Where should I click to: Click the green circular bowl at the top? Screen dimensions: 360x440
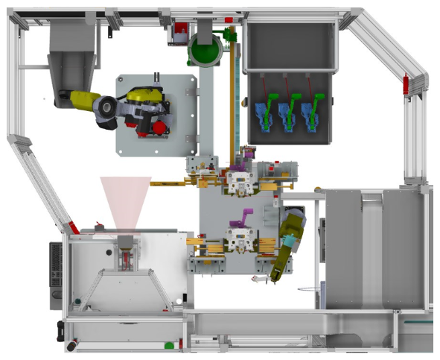coord(204,49)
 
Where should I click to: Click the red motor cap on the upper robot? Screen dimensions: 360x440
coord(159,128)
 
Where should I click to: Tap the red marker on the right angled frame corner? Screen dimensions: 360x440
coord(406,84)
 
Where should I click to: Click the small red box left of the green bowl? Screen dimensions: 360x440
coord(179,34)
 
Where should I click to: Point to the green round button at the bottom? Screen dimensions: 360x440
coord(169,344)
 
